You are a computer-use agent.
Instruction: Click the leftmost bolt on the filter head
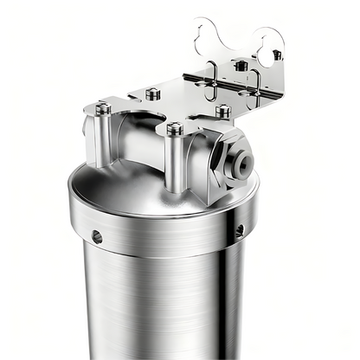pyautogui.click(x=103, y=108)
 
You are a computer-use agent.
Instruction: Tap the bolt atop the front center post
pyautogui.click(x=175, y=129)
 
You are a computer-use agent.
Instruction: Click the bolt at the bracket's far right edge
pyautogui.click(x=277, y=55)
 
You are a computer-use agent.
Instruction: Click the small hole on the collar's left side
pyautogui.click(x=97, y=236)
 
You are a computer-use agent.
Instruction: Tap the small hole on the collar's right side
pyautogui.click(x=240, y=231)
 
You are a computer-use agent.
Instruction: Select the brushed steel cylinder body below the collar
pyautogui.click(x=164, y=312)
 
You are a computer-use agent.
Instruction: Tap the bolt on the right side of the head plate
pyautogui.click(x=222, y=111)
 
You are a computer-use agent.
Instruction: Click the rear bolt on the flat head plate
pyautogui.click(x=153, y=93)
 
